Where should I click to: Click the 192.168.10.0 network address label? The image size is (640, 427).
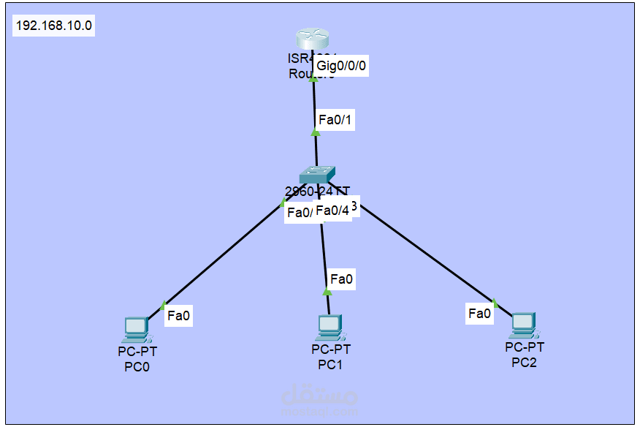coord(53,26)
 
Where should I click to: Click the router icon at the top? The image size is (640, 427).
coord(313,40)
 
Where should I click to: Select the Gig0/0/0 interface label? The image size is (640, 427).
coord(340,66)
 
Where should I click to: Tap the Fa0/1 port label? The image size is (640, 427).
coord(335,120)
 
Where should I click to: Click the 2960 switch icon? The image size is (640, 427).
coord(317,175)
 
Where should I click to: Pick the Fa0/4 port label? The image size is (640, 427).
coord(332,211)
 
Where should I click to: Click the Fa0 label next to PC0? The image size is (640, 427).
coord(178,316)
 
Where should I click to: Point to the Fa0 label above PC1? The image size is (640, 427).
coord(341,279)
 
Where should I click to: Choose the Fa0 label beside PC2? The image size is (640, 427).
coord(479,314)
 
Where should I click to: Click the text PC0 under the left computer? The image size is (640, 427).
coord(137,366)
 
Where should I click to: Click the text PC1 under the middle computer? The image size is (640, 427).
coord(330,364)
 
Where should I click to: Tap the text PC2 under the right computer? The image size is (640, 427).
coord(524,362)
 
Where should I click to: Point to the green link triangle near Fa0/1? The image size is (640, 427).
coord(316,132)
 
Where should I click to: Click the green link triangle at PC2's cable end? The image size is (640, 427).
coord(495,302)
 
